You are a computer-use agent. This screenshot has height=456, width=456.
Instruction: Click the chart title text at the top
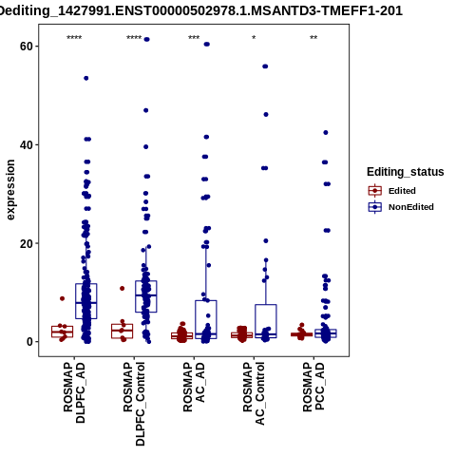[200, 10]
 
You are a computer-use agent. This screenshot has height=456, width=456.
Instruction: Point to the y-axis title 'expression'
[10, 190]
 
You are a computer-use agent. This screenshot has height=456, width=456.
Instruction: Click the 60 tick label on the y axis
[27, 47]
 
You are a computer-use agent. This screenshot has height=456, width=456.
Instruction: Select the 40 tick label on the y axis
[27, 145]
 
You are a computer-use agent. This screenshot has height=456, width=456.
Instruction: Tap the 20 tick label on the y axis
[27, 243]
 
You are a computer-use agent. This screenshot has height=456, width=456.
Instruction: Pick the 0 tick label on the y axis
[29, 342]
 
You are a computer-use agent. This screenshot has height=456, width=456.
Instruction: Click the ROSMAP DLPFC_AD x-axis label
[74, 392]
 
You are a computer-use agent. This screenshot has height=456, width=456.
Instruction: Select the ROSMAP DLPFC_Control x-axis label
[134, 404]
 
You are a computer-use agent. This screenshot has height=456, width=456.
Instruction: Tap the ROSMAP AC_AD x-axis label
[194, 387]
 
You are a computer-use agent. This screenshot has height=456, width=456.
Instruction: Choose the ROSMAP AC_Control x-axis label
[254, 393]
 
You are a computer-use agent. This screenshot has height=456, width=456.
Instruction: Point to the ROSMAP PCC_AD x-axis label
[313, 387]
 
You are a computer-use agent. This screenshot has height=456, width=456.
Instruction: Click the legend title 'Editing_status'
[406, 172]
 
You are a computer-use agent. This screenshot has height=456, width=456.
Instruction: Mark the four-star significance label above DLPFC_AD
[74, 38]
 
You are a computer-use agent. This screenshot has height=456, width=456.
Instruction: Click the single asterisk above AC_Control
[254, 38]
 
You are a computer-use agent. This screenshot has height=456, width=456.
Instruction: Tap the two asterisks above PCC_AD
[313, 38]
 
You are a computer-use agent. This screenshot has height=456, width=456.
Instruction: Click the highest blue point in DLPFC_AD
[86, 78]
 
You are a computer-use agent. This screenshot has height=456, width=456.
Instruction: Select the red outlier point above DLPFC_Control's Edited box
[123, 289]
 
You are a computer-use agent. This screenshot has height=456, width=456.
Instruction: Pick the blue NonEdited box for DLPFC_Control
[146, 296]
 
